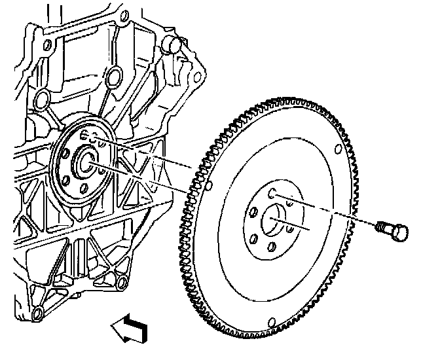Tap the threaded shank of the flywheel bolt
383,227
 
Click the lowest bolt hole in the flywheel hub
270,245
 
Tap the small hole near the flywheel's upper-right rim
337,148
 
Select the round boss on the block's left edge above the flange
42,99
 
